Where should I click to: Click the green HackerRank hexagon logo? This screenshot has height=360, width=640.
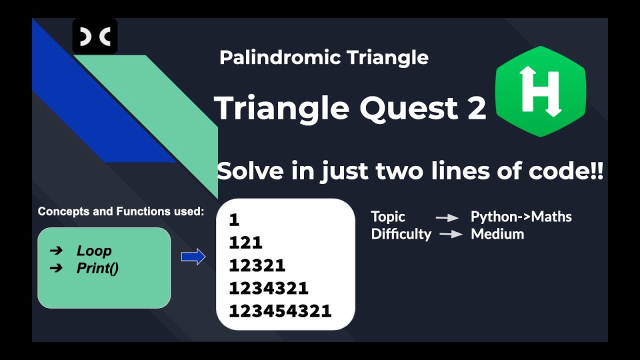click(540, 91)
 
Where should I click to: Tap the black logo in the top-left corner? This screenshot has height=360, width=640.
click(95, 36)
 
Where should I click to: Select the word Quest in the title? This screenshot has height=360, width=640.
click(407, 108)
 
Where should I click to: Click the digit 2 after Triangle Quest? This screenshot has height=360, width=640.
click(476, 108)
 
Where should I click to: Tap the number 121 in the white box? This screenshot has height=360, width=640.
click(245, 243)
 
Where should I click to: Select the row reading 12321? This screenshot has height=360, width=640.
click(257, 265)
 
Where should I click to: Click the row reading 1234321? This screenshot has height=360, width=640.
click(268, 288)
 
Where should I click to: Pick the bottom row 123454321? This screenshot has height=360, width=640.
click(280, 311)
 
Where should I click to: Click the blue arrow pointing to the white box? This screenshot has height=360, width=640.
click(193, 257)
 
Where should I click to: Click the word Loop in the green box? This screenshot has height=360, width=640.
click(94, 251)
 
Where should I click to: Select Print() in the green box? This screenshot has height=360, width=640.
click(97, 268)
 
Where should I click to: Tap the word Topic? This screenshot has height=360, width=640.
click(388, 217)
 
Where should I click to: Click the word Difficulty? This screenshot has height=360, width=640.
click(401, 234)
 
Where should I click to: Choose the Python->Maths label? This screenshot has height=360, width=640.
click(521, 217)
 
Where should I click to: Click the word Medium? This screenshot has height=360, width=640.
click(497, 234)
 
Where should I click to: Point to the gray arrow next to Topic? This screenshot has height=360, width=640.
click(447, 217)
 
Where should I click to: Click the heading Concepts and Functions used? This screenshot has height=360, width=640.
click(121, 211)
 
